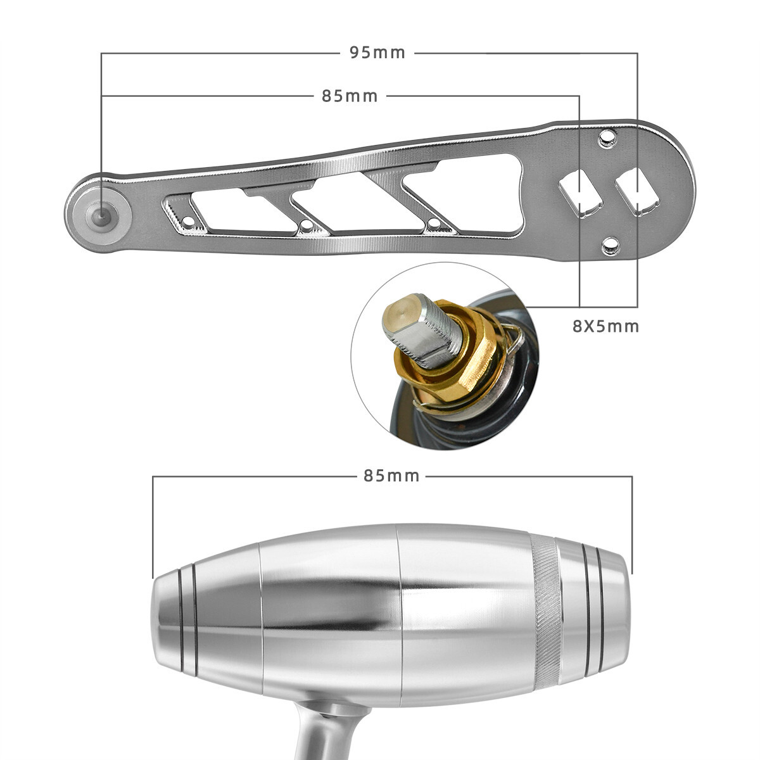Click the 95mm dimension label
pyautogui.click(x=377, y=53)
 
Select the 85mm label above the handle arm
pyautogui.click(x=350, y=96)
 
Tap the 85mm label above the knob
pyautogui.click(x=391, y=476)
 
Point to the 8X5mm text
pyautogui.click(x=605, y=327)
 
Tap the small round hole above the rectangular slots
pyautogui.click(x=608, y=137)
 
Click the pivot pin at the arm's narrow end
pyautogui.click(x=100, y=213)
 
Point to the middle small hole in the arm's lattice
pyautogui.click(x=307, y=225)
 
